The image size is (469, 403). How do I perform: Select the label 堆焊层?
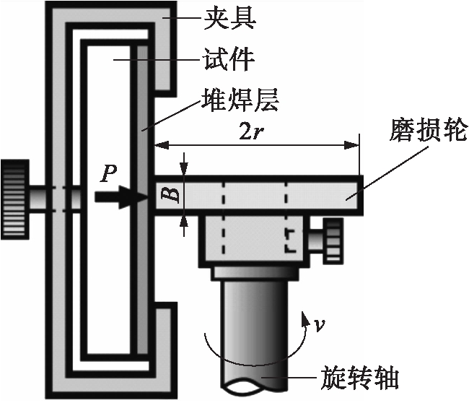tap(240, 99)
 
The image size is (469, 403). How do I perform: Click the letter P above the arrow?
tap(109, 173)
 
